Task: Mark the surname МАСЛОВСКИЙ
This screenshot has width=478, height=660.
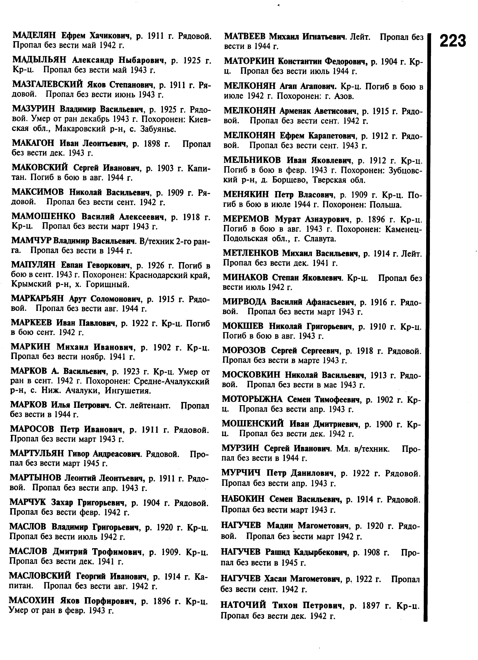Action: (x=40, y=575)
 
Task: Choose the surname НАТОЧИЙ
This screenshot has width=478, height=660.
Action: (x=243, y=605)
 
